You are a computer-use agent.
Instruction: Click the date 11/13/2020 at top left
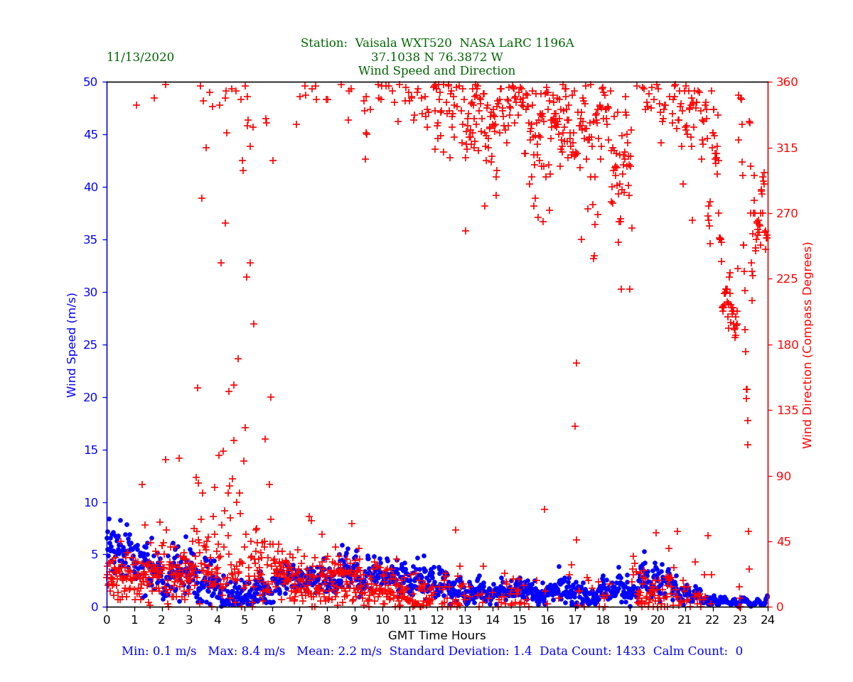[140, 58]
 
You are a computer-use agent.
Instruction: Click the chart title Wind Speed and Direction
[436, 71]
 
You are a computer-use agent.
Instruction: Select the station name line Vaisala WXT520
[436, 43]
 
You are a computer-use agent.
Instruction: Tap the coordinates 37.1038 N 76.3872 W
[436, 58]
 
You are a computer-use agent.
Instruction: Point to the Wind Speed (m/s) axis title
[73, 345]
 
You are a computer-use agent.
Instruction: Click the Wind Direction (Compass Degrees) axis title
[808, 345]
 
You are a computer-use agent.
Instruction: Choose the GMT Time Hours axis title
[436, 636]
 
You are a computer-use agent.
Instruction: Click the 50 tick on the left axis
[90, 82]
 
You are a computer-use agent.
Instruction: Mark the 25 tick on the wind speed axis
[90, 345]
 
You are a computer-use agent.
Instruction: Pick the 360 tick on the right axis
[788, 82]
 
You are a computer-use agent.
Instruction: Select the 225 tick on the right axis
[788, 278]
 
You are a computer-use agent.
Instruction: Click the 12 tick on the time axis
[437, 620]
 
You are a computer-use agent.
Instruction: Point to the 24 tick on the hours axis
[768, 620]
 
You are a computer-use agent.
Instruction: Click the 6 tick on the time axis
[272, 620]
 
